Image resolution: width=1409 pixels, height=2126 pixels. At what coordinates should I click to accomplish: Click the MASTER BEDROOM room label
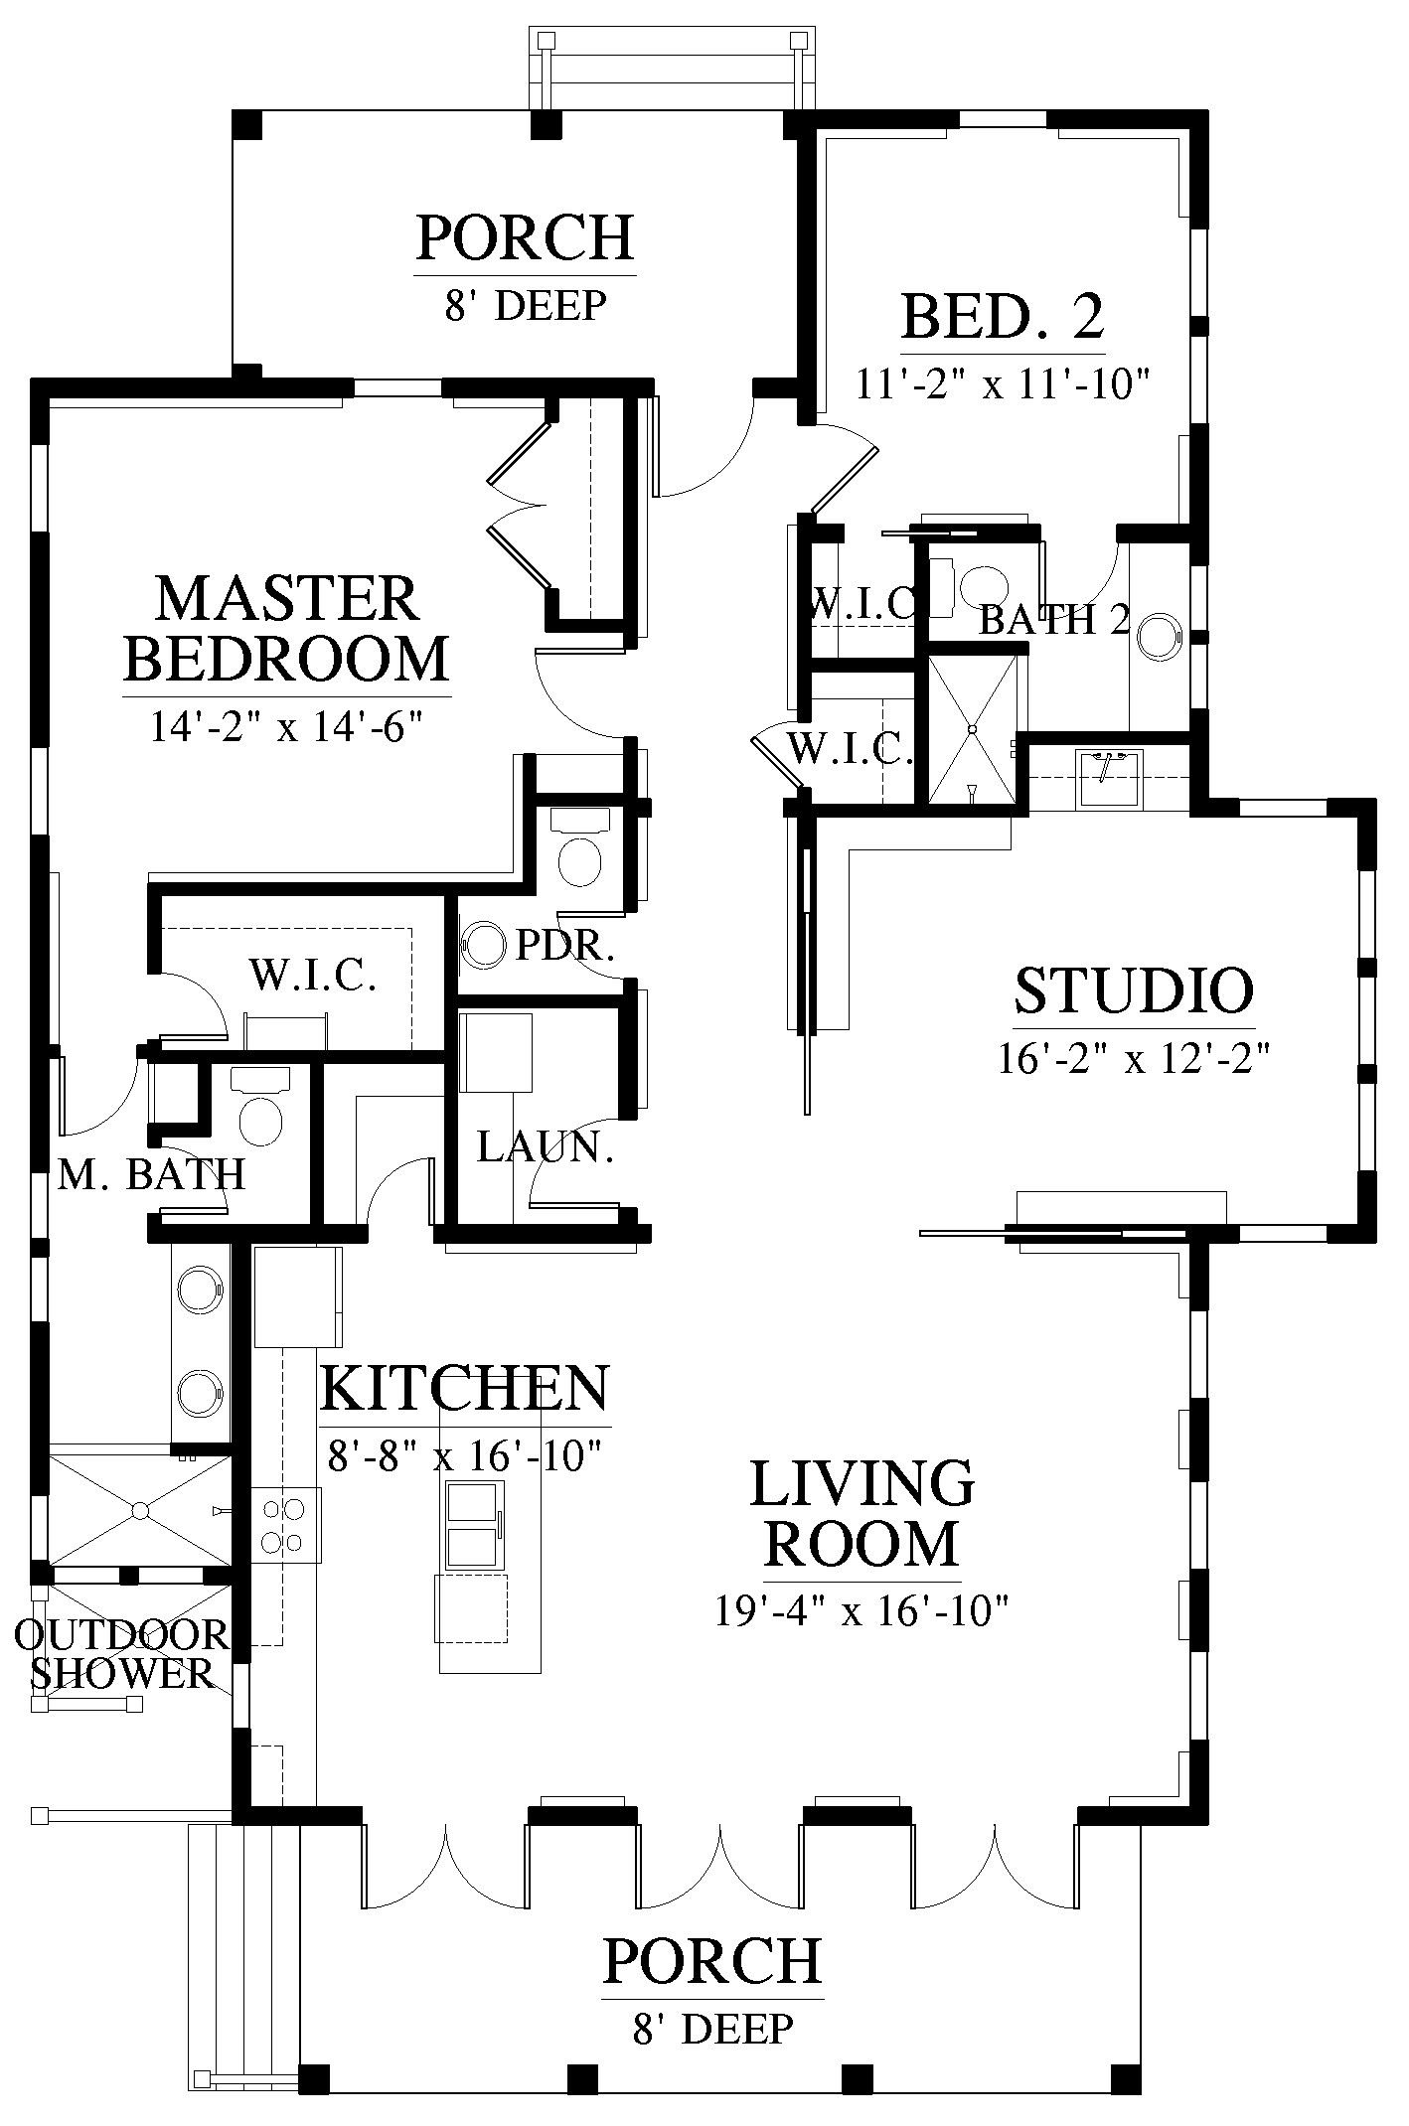pyautogui.click(x=287, y=629)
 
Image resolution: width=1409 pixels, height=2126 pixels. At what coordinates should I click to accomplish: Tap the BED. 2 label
pyautogui.click(x=1003, y=317)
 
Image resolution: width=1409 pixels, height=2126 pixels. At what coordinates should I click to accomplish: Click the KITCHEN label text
pyautogui.click(x=465, y=1388)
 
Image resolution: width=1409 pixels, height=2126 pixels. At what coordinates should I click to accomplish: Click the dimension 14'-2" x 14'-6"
pyautogui.click(x=287, y=726)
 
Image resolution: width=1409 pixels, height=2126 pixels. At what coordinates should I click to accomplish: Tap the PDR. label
pyautogui.click(x=565, y=946)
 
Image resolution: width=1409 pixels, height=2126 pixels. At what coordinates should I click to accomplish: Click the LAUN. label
pyautogui.click(x=546, y=1147)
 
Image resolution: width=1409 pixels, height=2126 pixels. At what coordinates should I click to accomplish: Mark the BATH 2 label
pyautogui.click(x=1054, y=620)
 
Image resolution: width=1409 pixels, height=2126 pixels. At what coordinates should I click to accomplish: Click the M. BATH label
pyautogui.click(x=152, y=1175)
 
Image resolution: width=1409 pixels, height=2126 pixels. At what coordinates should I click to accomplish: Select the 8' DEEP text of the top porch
pyautogui.click(x=526, y=306)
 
